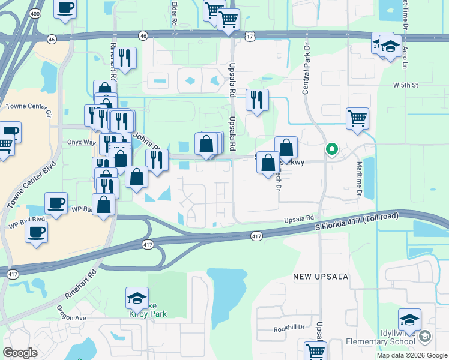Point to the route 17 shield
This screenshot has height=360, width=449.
click(x=250, y=37)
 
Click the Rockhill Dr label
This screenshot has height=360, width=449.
click(x=289, y=328)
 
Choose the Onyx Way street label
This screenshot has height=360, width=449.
click(x=82, y=142)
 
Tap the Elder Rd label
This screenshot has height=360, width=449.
click(x=174, y=13)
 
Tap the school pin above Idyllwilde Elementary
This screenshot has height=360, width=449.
click(x=409, y=320)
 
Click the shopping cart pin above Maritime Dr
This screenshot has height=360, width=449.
click(x=357, y=118)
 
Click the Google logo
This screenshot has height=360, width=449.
click(x=20, y=353)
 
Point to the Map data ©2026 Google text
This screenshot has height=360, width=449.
click(x=411, y=355)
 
